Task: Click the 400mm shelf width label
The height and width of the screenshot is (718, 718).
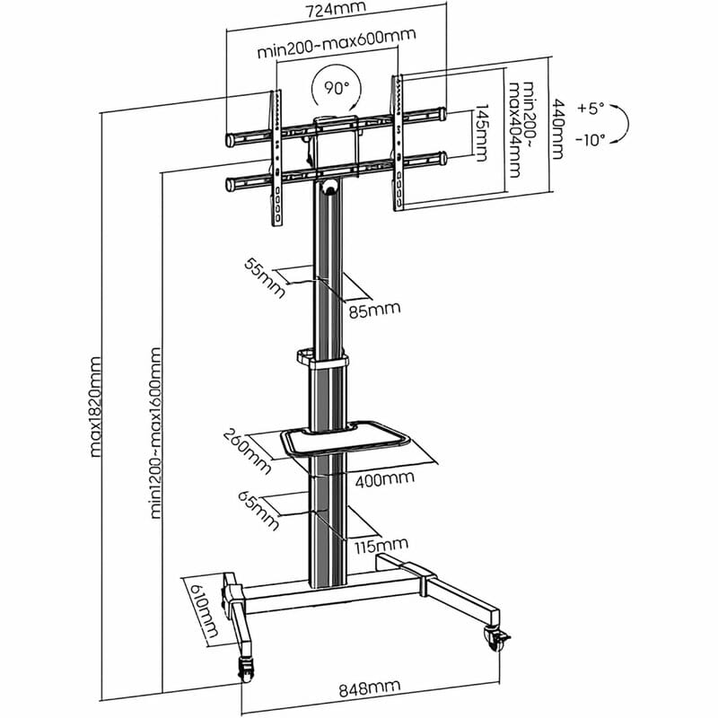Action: (384, 479)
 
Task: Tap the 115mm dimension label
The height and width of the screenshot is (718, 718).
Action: (381, 545)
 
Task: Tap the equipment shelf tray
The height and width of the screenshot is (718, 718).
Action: (346, 441)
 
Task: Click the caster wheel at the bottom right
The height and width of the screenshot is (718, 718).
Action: (496, 638)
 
